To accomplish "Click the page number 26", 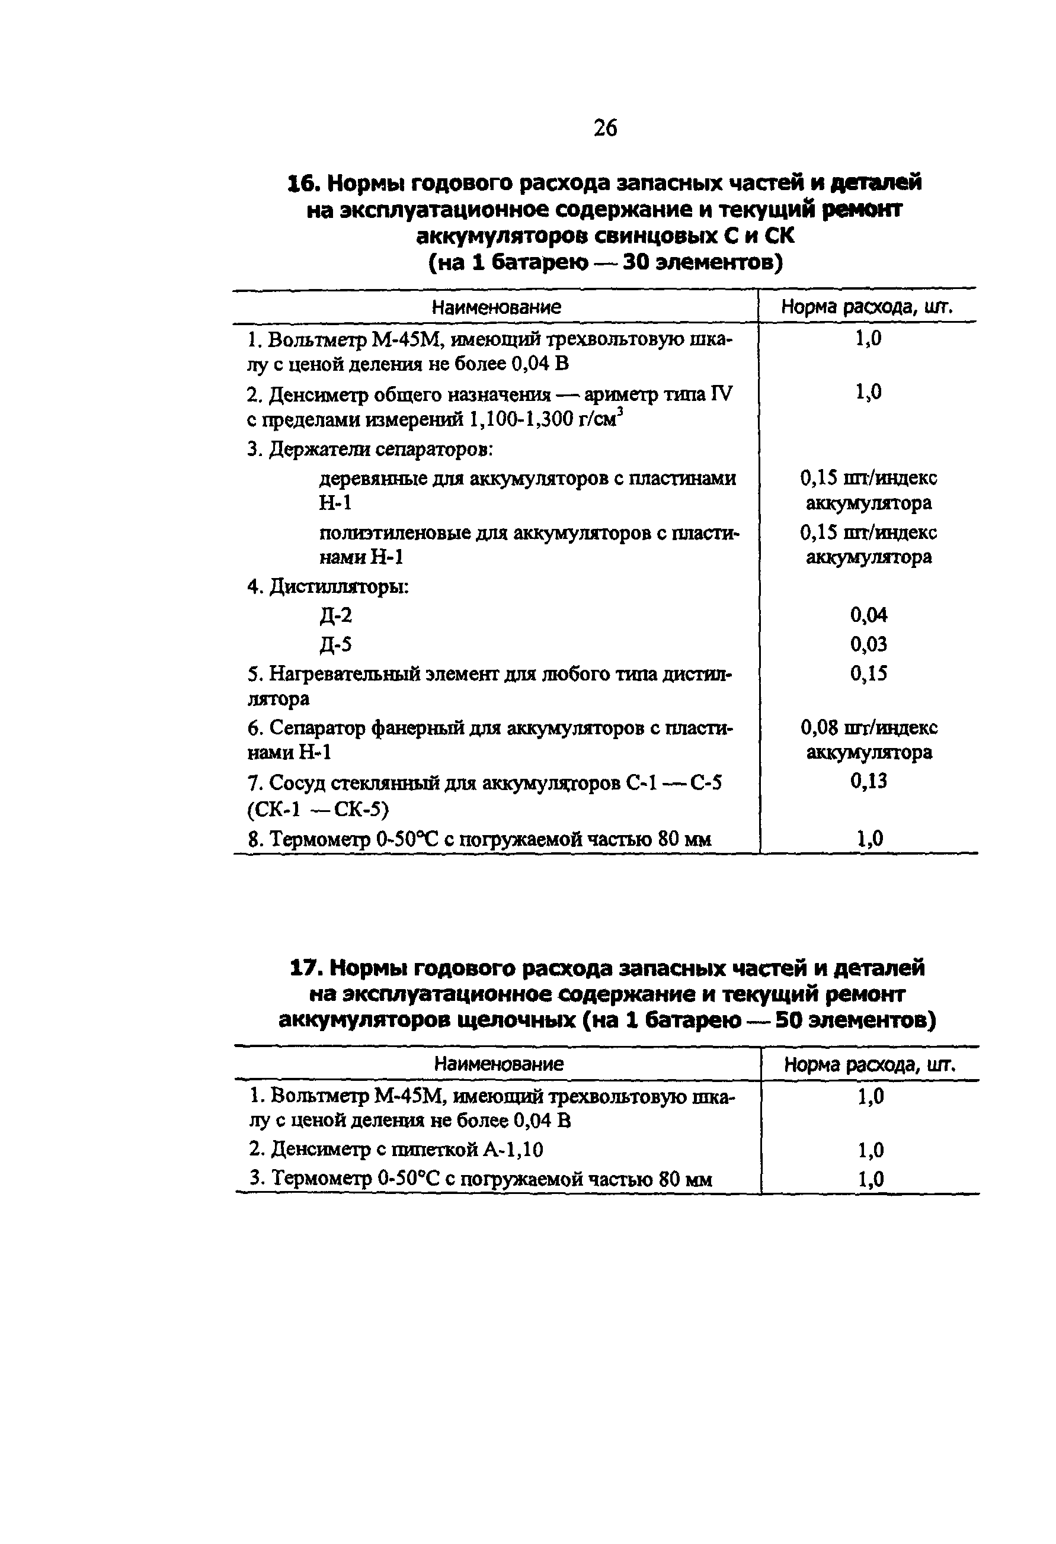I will pyautogui.click(x=605, y=127).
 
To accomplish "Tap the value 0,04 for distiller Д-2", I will pyautogui.click(x=868, y=615).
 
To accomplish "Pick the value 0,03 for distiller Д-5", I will pyautogui.click(x=868, y=644).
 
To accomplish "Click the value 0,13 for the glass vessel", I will pyautogui.click(x=868, y=781).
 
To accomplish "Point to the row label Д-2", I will pyautogui.click(x=335, y=616).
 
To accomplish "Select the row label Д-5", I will pyautogui.click(x=335, y=644).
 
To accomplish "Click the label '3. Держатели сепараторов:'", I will pyautogui.click(x=370, y=450).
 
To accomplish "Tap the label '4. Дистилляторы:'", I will pyautogui.click(x=328, y=588).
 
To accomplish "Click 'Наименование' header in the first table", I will pyautogui.click(x=496, y=307).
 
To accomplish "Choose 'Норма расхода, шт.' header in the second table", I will pyautogui.click(x=869, y=1064).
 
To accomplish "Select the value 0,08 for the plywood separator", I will pyautogui.click(x=816, y=727).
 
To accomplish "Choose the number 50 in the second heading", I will pyautogui.click(x=789, y=1020).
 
